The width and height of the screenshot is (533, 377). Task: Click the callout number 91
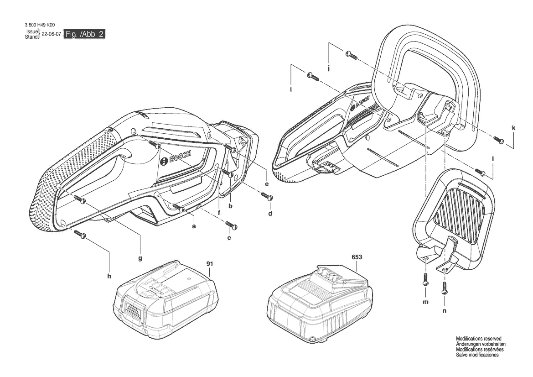209,264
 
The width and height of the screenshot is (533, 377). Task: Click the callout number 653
357,257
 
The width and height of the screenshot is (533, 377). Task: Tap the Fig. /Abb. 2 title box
85,34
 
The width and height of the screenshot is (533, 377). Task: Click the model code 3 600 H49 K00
40,25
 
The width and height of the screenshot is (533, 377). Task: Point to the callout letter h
109,276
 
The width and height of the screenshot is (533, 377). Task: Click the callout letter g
140,259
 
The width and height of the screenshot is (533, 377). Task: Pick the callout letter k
513,128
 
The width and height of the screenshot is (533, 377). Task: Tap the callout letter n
444,310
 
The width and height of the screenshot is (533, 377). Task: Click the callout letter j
329,68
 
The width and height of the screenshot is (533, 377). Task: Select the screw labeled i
313,77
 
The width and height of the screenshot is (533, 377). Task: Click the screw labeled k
498,140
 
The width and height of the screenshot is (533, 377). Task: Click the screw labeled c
231,225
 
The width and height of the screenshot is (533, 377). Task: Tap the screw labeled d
267,196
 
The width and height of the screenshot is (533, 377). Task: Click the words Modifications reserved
478,339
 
